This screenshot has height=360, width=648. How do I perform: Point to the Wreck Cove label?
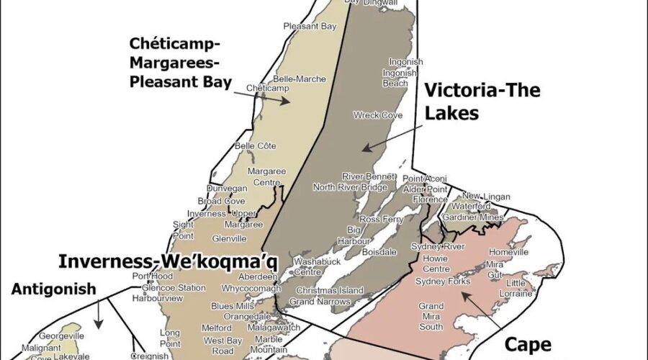(377, 115)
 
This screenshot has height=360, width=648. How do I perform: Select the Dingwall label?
(381, 4)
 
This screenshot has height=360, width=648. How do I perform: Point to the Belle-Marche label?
(275, 78)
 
